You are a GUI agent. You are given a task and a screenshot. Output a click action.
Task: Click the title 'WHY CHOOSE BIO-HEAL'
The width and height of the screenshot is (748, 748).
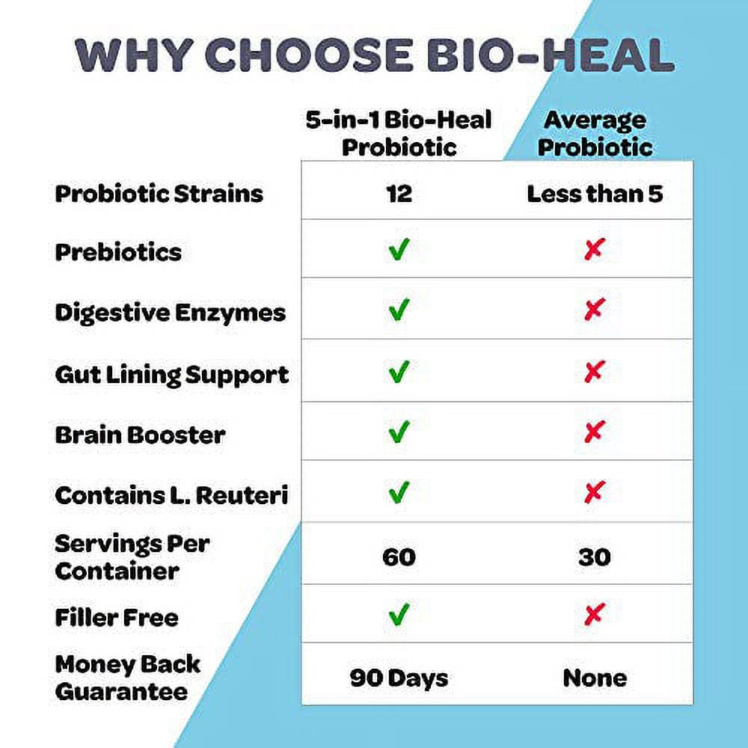tap(374, 55)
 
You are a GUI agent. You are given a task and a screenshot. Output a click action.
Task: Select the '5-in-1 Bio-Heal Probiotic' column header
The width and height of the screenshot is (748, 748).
tap(399, 133)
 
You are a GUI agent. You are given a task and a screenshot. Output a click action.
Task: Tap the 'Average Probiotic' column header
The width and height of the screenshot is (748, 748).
tap(595, 133)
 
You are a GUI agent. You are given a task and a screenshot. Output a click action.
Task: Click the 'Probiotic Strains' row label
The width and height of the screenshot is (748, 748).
tap(159, 194)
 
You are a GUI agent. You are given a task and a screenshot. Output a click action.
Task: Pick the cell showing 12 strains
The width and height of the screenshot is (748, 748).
tap(399, 194)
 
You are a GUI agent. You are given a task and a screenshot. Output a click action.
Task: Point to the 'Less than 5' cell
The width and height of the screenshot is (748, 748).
tap(595, 194)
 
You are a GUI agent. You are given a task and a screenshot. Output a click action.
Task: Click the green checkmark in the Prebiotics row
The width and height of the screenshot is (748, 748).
tap(399, 249)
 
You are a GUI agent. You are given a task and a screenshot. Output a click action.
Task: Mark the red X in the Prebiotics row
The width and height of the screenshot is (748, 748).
tap(594, 250)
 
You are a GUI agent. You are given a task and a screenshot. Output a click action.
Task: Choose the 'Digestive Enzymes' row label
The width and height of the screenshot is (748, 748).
tap(171, 313)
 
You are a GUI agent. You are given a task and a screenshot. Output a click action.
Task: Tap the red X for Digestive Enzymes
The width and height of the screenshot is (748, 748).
tap(594, 310)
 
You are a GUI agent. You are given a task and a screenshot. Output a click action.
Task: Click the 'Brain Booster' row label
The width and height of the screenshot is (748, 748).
tap(140, 435)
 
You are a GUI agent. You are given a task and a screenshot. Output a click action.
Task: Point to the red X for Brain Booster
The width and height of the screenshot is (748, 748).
tap(594, 432)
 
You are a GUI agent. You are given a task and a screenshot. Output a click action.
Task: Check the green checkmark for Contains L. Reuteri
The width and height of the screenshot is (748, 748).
tap(399, 492)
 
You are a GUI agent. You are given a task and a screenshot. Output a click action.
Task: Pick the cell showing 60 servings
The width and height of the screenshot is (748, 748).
tap(399, 557)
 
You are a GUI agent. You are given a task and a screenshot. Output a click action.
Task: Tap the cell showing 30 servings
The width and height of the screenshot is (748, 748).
tap(594, 557)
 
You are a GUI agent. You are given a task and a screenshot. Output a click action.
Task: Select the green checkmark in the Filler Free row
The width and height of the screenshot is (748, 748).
tap(399, 615)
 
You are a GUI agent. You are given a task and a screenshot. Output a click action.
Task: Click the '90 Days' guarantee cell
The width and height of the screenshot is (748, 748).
tap(399, 678)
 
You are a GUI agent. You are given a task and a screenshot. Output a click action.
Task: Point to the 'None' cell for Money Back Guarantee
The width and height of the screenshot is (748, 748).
tap(595, 678)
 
